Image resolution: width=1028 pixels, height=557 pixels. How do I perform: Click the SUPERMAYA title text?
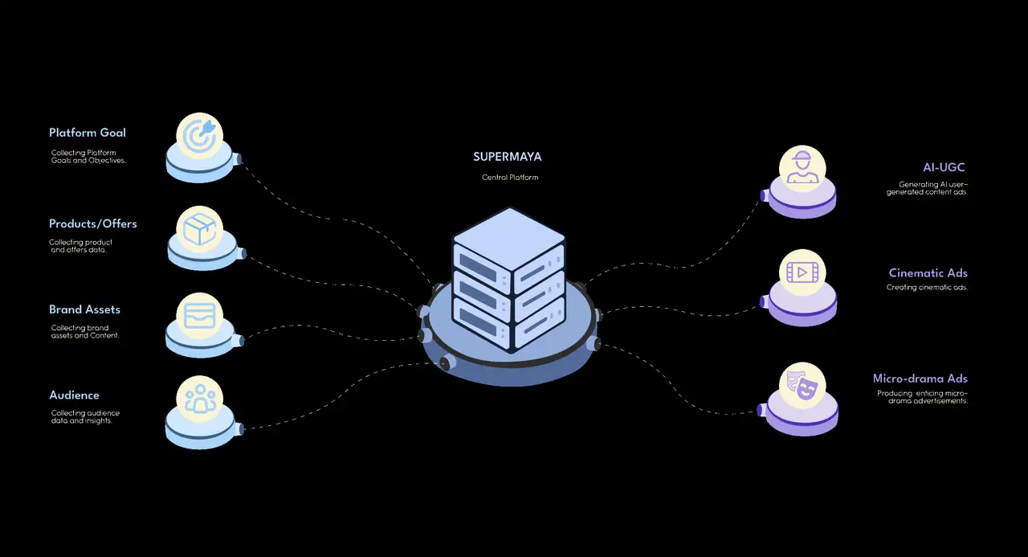tap(507, 157)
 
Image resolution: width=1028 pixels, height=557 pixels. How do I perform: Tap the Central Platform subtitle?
tap(510, 178)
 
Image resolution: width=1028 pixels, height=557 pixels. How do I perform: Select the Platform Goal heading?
tap(88, 133)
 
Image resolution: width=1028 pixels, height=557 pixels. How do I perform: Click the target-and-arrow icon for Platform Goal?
tap(200, 136)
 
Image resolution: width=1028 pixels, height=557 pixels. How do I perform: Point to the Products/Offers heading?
tap(92, 223)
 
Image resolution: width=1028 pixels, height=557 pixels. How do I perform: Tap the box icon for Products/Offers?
tap(200, 229)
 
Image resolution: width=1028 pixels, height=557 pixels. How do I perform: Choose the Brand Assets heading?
tap(84, 309)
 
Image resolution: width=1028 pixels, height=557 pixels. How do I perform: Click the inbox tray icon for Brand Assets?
tap(200, 316)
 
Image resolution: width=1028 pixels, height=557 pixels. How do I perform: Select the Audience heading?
tap(74, 395)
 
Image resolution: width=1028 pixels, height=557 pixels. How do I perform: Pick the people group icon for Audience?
tap(200, 399)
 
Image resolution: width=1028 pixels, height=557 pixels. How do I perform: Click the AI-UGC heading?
tap(944, 168)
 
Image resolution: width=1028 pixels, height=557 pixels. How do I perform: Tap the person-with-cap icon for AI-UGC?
tap(802, 167)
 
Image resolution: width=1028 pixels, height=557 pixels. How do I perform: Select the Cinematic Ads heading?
tap(928, 273)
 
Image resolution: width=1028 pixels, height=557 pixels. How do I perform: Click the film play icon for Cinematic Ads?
tap(802, 272)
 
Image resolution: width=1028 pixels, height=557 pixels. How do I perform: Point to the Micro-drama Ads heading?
tap(920, 379)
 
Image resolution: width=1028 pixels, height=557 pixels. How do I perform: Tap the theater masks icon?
tap(802, 386)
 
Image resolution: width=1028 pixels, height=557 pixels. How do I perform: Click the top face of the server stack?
tap(509, 239)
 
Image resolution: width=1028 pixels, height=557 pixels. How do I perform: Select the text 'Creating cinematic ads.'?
tap(927, 288)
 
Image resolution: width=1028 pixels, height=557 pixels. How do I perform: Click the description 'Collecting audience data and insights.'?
tap(85, 417)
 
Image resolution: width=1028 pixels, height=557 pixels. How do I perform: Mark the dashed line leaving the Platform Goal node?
tap(335, 219)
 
